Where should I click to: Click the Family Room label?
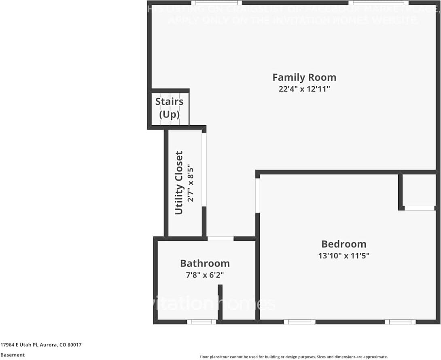point(304,77)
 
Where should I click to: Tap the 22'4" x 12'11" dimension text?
point(304,89)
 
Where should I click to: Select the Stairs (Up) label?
point(169,108)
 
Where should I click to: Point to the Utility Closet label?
point(179,183)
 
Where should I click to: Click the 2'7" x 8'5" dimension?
point(191,183)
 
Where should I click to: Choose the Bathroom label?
point(205,264)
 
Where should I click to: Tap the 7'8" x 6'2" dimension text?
point(205,275)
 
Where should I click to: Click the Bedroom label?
point(343,244)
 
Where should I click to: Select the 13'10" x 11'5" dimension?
point(343,256)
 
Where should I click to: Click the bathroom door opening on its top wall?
point(220,239)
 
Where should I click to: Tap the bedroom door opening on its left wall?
point(257,196)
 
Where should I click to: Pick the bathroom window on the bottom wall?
point(201,322)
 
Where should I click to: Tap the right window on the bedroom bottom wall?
point(400,322)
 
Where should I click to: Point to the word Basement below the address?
point(12,355)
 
